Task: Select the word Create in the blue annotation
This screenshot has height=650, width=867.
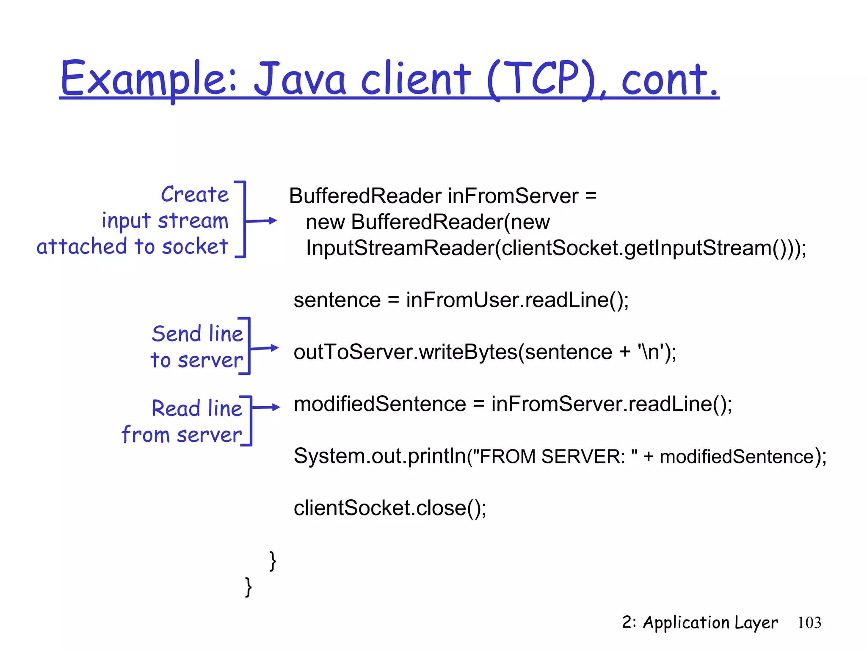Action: tap(195, 195)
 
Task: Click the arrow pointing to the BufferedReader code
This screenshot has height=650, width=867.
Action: tap(262, 220)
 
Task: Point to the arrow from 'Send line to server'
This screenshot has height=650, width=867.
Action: tap(265, 348)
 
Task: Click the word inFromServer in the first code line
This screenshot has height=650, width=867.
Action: tap(513, 196)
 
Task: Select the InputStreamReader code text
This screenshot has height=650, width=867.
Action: tap(400, 248)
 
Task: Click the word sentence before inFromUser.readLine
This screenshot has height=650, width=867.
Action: tap(337, 300)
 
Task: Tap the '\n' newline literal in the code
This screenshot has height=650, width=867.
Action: tap(650, 352)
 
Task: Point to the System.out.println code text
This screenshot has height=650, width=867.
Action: tap(379, 457)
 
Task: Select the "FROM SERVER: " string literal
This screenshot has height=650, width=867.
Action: tap(554, 457)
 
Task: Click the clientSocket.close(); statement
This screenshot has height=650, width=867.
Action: tap(390, 508)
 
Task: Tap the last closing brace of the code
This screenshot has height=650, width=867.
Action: tap(249, 587)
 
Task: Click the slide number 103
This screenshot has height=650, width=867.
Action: tap(809, 622)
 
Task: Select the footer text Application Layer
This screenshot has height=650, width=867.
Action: tap(710, 623)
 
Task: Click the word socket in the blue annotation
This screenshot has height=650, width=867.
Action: tap(195, 247)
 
